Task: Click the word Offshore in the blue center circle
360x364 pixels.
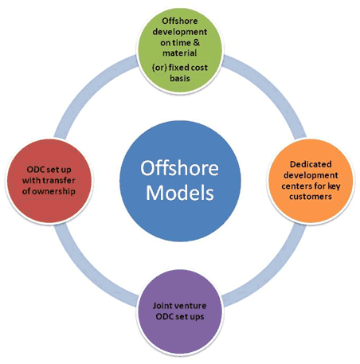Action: [x=179, y=168]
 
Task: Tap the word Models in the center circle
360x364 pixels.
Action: [x=180, y=193]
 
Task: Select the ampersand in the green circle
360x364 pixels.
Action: [x=197, y=42]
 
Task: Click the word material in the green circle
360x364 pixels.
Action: [x=179, y=53]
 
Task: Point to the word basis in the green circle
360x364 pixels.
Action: [x=180, y=78]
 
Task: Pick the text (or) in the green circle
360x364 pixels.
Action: [x=159, y=68]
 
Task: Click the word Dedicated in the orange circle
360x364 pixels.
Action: [x=311, y=164]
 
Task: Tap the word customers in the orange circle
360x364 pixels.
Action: [x=311, y=197]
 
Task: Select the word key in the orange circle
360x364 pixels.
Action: [x=334, y=186]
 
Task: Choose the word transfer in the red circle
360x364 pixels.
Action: [x=61, y=181]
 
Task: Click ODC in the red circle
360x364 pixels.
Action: [x=34, y=170]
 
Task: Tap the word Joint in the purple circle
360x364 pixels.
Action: [x=161, y=306]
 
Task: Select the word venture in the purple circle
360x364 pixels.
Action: [x=189, y=306]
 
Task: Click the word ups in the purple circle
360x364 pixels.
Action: [x=198, y=317]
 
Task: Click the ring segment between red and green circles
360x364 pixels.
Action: [x=89, y=90]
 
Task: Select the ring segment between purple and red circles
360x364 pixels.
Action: [x=88, y=272]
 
